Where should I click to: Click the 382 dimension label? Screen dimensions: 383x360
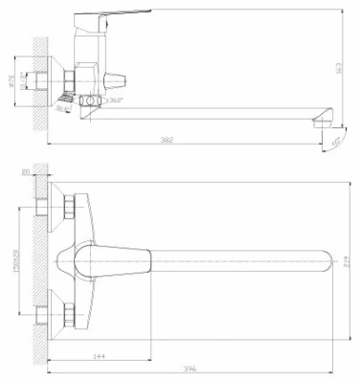(x=168, y=140)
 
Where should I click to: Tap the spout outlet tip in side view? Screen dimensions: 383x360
(x=324, y=117)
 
